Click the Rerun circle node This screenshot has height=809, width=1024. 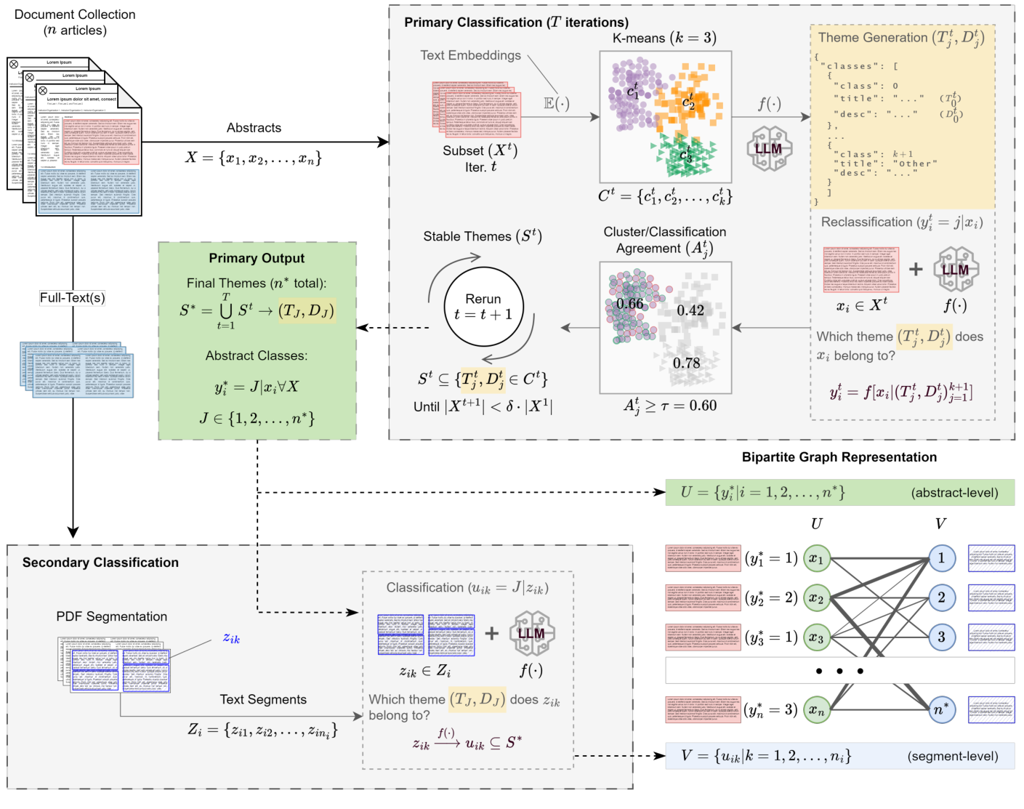[483, 307]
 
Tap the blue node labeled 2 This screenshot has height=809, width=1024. [941, 597]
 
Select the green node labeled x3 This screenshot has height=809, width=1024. [817, 638]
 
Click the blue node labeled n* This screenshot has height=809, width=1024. [941, 709]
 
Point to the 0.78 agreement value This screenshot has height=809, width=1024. [686, 363]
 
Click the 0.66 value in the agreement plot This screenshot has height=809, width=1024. [629, 304]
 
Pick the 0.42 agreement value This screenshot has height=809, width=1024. [690, 310]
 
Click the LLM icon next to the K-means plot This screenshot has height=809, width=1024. [769, 148]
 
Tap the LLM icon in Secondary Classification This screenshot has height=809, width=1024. [531, 633]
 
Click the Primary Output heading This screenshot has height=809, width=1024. [257, 258]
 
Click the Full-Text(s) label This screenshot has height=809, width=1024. [72, 297]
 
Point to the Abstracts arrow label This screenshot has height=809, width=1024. [254, 128]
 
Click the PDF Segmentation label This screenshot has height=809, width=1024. [111, 616]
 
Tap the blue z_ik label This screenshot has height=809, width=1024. [231, 638]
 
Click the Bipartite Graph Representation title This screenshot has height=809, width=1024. [839, 457]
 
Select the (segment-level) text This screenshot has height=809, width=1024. [952, 757]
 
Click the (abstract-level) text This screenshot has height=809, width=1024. [954, 493]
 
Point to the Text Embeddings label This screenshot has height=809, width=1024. [470, 55]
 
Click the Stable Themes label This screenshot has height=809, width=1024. [482, 236]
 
